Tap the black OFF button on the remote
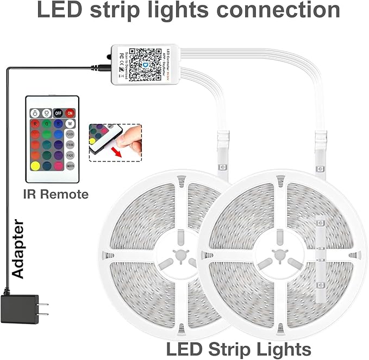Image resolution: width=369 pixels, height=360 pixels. (58, 113)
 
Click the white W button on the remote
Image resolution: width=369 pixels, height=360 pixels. (70, 124)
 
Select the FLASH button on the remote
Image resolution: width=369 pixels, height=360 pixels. (70, 134)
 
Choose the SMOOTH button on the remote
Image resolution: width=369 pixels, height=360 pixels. (70, 165)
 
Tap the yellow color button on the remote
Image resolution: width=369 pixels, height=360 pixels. (35, 165)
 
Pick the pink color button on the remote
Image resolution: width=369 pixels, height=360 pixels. (58, 165)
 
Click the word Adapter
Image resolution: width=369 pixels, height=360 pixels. (19, 249)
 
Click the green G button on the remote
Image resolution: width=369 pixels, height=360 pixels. (47, 124)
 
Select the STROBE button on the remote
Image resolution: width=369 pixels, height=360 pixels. (70, 144)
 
